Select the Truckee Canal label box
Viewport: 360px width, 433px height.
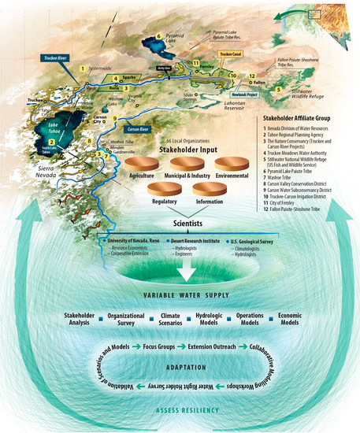229,54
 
